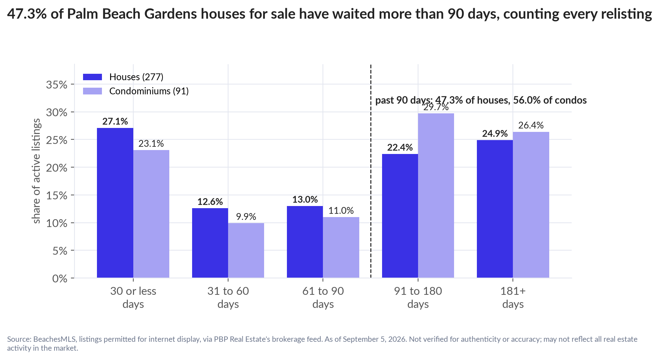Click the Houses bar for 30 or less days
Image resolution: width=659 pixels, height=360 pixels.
(115, 203)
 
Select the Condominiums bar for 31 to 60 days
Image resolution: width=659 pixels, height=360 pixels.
(246, 251)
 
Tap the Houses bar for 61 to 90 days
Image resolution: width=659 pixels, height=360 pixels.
(305, 242)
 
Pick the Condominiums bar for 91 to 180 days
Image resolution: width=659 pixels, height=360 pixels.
(436, 196)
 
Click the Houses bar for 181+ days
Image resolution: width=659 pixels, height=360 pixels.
(495, 209)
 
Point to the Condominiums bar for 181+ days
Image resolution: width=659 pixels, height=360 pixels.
(531, 205)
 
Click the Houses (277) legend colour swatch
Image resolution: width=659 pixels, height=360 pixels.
(93, 77)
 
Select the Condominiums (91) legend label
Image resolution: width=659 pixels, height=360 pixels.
(149, 91)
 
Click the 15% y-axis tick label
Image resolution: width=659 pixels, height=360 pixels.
(57, 196)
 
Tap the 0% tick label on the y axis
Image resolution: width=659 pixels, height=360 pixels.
(60, 279)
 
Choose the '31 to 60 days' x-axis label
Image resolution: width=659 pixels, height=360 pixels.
(228, 298)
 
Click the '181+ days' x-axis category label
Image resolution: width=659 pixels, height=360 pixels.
(513, 298)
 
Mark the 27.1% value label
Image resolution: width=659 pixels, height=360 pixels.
(115, 121)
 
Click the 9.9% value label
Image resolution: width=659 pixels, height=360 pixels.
(246, 216)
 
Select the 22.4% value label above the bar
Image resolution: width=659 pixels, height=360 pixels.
(400, 147)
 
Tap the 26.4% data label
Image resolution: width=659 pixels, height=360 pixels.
(531, 125)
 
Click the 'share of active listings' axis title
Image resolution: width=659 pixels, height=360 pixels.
(36, 171)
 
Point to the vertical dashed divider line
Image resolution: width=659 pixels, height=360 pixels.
(371, 171)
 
